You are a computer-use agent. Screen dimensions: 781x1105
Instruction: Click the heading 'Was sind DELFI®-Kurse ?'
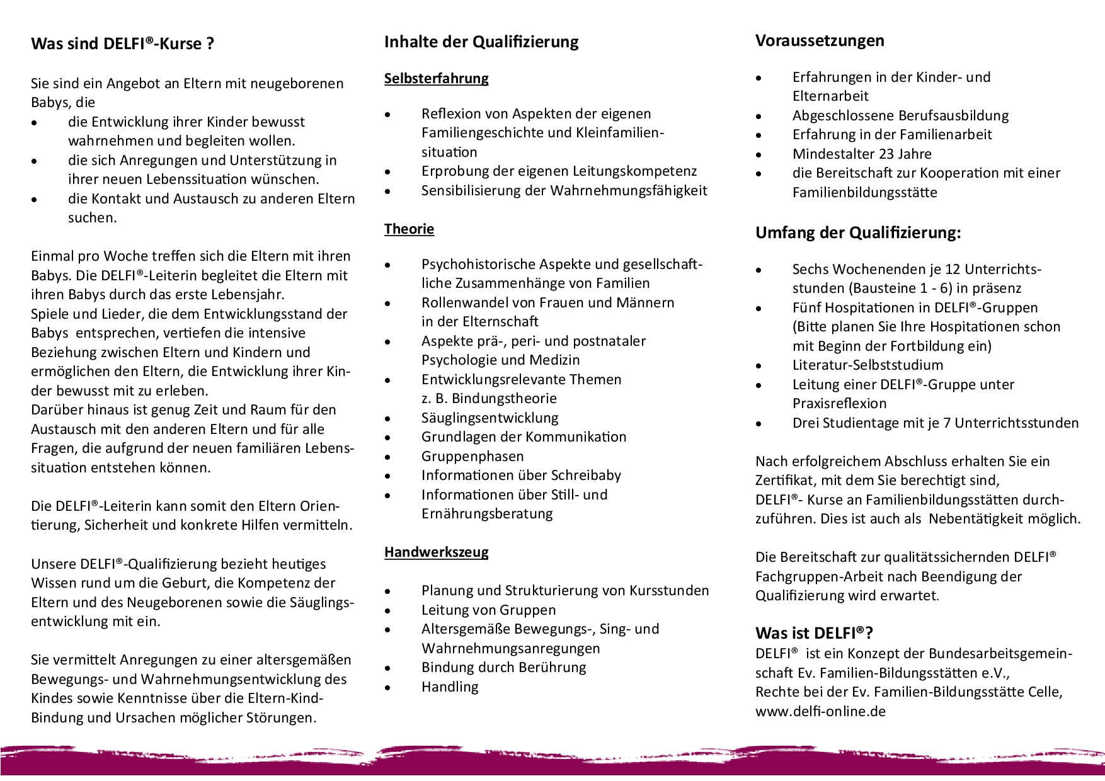coord(122,44)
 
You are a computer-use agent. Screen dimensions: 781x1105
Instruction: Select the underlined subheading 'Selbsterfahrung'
coord(436,79)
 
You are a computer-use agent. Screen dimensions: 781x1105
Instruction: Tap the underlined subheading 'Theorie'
coord(409,229)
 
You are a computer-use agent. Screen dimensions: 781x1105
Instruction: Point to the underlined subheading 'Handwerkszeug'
coord(436,552)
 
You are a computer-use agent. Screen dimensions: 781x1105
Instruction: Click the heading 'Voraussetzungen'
coord(820,41)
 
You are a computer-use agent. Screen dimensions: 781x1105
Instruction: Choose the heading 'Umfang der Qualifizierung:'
coord(858,233)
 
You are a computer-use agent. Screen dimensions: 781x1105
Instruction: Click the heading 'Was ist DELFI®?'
coord(814,633)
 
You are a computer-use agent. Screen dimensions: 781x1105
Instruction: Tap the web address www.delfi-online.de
coord(820,711)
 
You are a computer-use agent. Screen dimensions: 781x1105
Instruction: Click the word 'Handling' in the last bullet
coord(450,687)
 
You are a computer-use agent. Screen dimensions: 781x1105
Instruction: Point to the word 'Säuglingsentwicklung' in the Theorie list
coord(490,418)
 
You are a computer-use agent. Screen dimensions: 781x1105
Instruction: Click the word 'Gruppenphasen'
coord(472,457)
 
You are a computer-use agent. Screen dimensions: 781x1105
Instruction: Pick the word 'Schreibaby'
coord(586,476)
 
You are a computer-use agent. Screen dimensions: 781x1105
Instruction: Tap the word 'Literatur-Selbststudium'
coord(867,365)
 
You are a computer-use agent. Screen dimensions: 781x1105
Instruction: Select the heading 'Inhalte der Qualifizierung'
coord(481,42)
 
